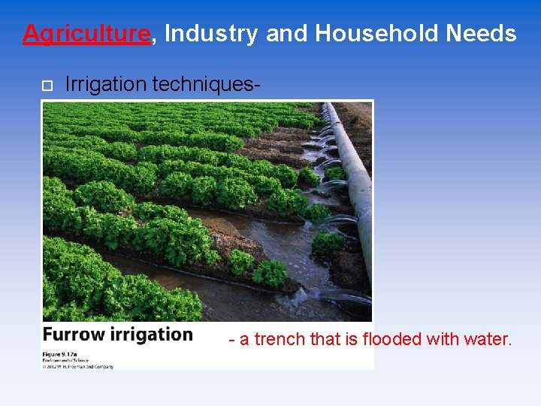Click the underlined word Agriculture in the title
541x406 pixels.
tap(86, 34)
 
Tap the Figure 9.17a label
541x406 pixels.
tap(62, 353)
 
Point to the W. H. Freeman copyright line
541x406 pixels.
tap(78, 366)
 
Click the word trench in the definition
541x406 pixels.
tap(280, 340)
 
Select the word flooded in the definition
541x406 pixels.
tap(391, 340)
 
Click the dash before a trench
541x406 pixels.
tap(232, 341)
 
